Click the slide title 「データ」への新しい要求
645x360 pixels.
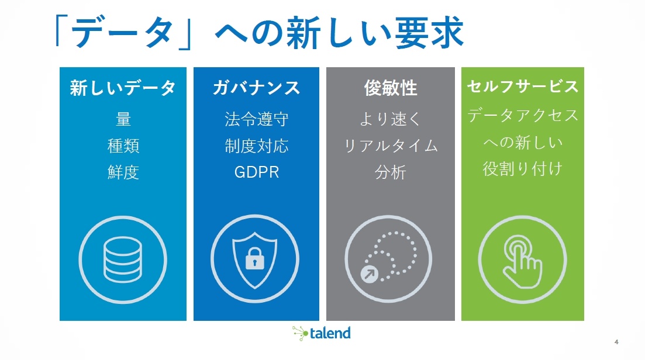(x=260, y=33)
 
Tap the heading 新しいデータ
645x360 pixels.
(x=123, y=88)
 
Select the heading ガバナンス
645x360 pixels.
(x=256, y=88)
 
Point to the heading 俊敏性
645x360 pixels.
(x=391, y=88)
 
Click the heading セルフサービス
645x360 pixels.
(x=522, y=86)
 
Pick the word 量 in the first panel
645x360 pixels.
(x=123, y=119)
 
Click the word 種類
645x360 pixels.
(x=123, y=146)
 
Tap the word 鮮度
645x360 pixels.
(x=123, y=172)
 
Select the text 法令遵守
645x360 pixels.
(x=256, y=119)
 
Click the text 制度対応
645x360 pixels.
(x=256, y=146)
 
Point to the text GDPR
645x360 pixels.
(x=256, y=172)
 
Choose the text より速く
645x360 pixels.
(x=391, y=119)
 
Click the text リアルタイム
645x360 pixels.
(x=391, y=146)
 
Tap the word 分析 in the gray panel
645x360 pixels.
(x=391, y=172)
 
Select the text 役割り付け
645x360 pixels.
(x=522, y=168)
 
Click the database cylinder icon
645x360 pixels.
(x=123, y=259)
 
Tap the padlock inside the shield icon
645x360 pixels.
(x=254, y=258)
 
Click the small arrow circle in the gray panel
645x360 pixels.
(x=369, y=274)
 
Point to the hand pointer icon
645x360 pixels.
(x=522, y=262)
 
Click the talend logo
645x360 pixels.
(x=321, y=333)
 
